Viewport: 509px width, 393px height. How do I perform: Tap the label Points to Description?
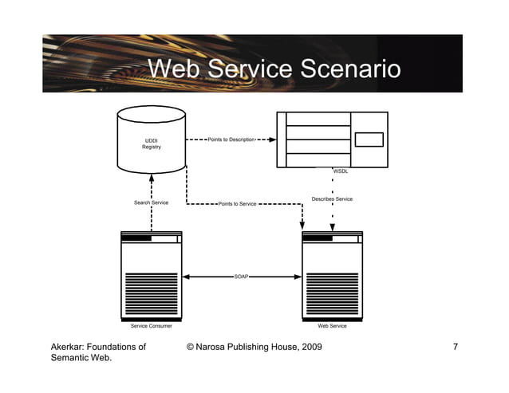pos(231,140)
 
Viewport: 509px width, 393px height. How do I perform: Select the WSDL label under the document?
pos(341,171)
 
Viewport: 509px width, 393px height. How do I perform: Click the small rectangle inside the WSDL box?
pos(369,140)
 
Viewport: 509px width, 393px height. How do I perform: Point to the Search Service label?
pos(151,202)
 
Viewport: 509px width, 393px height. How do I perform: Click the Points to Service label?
pos(237,204)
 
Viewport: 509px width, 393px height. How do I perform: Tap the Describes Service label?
pos(332,199)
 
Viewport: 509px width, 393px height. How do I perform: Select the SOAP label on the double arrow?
pos(241,276)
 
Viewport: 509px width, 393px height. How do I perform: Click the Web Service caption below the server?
pos(332,326)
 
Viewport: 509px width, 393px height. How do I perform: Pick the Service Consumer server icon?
pos(151,275)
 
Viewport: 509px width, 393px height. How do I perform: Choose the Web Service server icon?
pos(332,275)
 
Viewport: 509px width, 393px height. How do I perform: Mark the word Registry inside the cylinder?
pos(152,147)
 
